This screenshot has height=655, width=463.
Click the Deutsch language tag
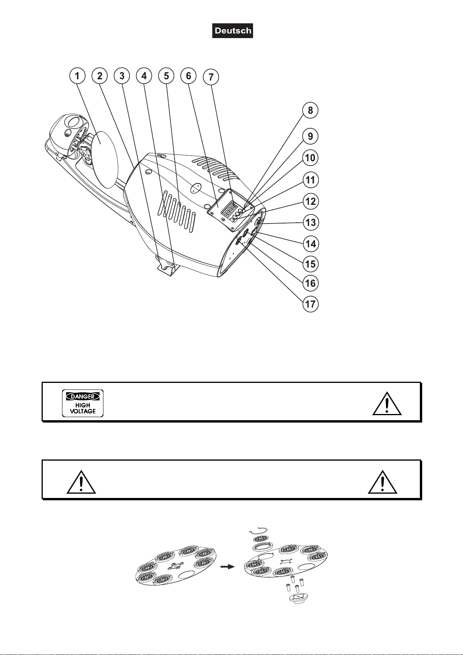[232, 31]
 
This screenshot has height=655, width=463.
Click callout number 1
[77, 76]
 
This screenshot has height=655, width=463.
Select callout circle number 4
[144, 76]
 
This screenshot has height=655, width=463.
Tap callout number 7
[211, 77]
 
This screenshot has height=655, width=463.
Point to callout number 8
[310, 110]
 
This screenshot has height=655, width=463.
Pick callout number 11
[310, 180]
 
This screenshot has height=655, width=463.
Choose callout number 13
[310, 223]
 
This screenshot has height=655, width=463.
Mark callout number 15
[310, 264]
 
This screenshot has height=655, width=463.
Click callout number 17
[310, 304]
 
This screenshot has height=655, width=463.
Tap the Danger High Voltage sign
[83, 403]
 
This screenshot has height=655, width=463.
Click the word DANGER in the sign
[83, 396]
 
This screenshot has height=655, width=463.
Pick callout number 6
[189, 76]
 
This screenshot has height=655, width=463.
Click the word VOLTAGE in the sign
[83, 411]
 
